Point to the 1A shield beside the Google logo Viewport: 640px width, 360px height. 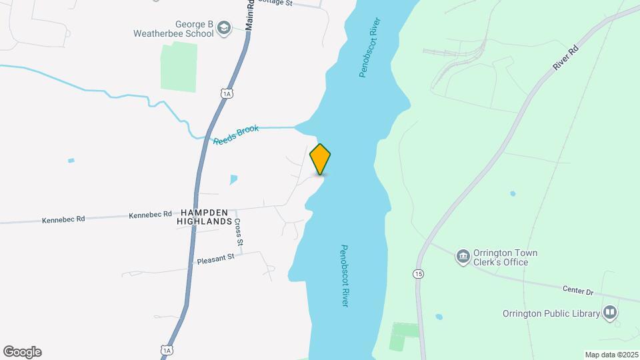point(167,349)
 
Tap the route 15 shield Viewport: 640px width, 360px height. point(418,274)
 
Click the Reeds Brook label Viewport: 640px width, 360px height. point(235,136)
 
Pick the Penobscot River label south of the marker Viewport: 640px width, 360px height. point(344,275)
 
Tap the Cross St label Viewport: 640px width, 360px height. point(238,233)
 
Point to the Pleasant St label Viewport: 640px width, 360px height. point(216,258)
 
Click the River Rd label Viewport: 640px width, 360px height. point(566,59)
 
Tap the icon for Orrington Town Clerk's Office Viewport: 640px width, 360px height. point(462,257)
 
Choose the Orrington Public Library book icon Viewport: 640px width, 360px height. point(609,313)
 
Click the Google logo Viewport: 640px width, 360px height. point(22,351)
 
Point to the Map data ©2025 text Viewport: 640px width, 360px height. point(611,355)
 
